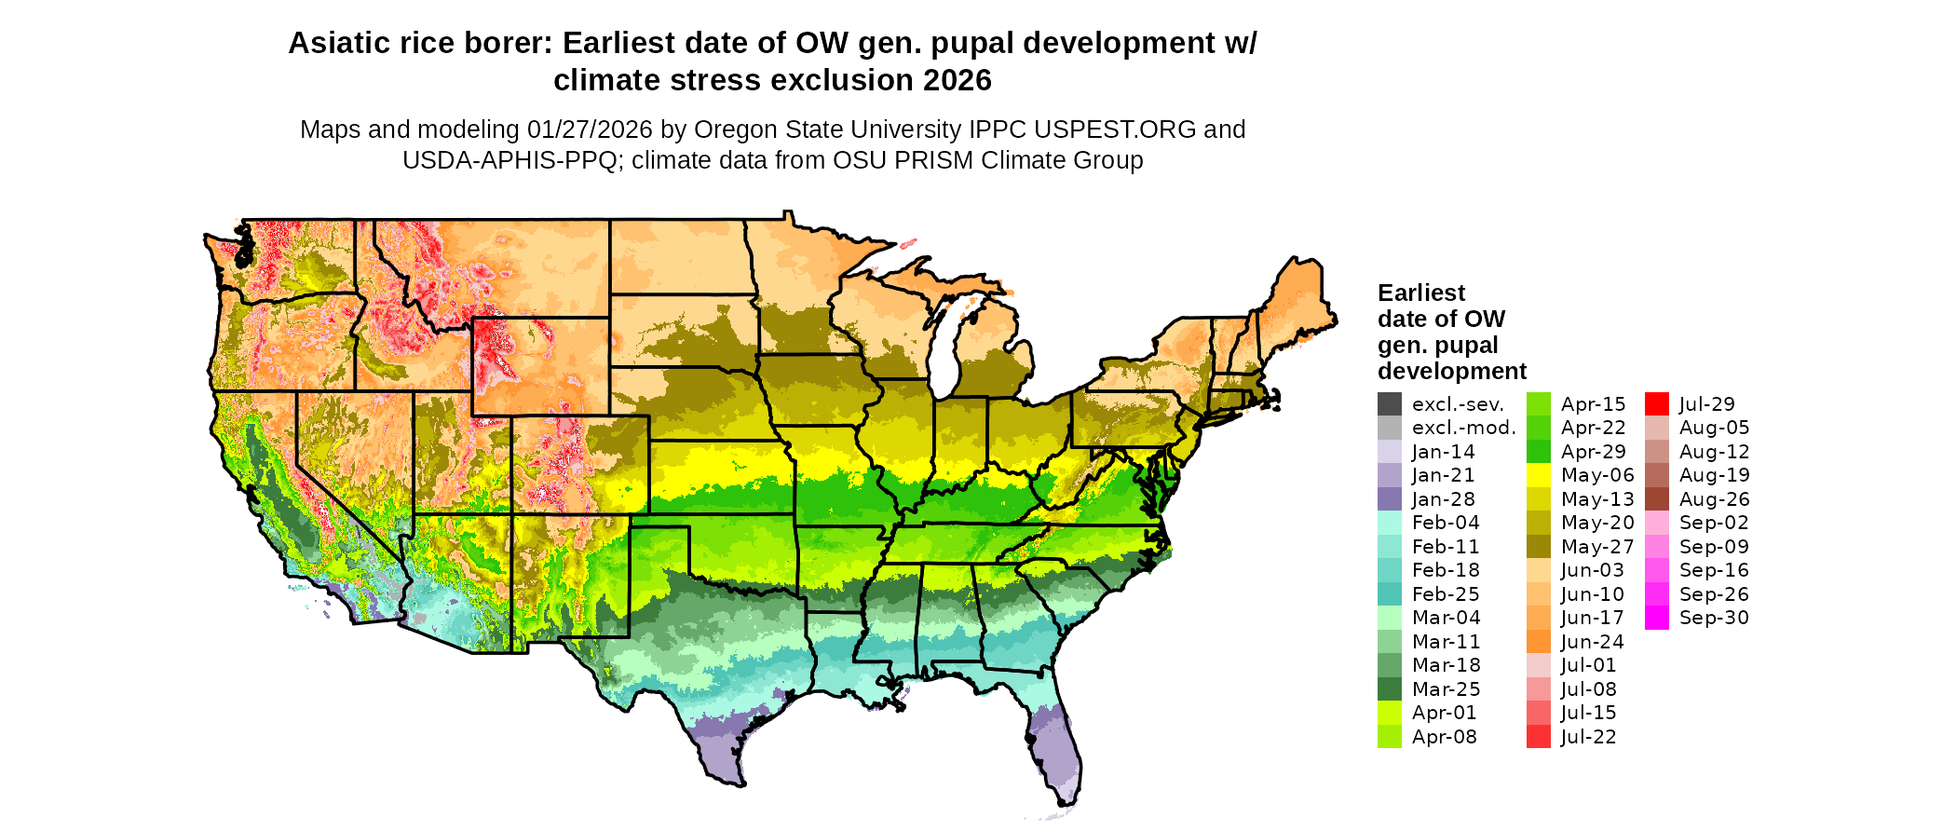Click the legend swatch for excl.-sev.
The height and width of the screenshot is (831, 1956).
coord(1390,404)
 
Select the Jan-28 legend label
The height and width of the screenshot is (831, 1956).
coord(1444,499)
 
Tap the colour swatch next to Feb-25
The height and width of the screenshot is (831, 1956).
coord(1390,594)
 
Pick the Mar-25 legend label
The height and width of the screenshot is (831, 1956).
coord(1447,689)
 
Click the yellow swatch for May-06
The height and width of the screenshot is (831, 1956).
coord(1539,475)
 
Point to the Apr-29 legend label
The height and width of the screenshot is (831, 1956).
coord(1594,452)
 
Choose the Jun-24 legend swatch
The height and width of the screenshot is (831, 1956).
coord(1539,642)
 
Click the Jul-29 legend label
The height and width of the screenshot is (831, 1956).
coord(1707,404)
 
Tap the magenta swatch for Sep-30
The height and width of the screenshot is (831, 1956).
coord(1657,618)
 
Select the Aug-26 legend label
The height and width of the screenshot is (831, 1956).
coord(1715,499)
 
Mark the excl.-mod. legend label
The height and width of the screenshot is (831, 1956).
coord(1464,428)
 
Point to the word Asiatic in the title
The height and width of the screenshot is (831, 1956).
coord(339,44)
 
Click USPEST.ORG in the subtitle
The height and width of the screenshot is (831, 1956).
coord(1115,129)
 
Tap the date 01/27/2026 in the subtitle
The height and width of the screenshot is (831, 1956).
coord(590,129)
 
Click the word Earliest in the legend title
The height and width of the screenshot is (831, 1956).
coord(1421,293)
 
